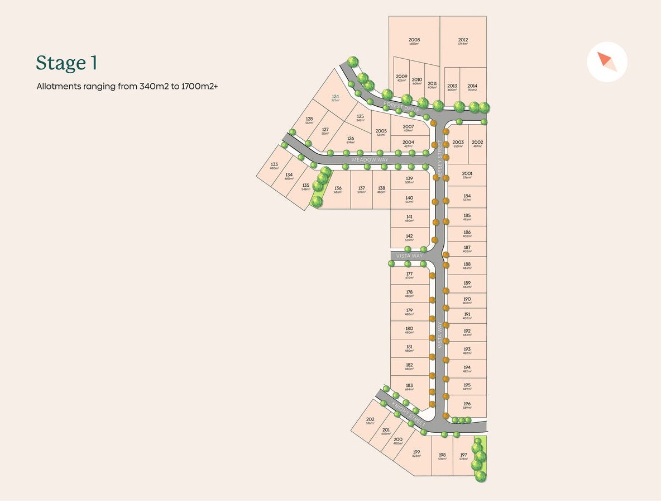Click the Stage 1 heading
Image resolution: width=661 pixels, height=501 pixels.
coord(66,63)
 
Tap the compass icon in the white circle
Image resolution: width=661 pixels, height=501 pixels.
coord(607,62)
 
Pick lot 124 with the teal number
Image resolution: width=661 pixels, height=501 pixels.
coord(335,98)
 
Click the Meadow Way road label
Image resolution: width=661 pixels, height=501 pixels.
coord(369,160)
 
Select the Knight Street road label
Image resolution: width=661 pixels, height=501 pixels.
coord(408,413)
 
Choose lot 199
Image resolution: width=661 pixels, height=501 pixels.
coord(416,453)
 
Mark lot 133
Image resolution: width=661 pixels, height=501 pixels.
coord(274,166)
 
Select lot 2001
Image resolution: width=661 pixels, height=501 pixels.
coord(467,174)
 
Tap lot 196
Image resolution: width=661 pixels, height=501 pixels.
coord(467,405)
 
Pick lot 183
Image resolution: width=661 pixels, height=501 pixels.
coord(409,386)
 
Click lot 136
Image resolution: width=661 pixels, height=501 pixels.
coord(338,190)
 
